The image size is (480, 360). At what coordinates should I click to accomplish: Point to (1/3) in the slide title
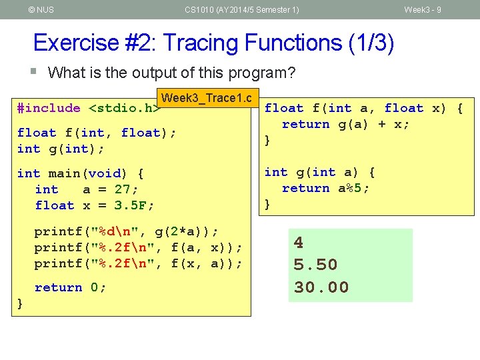tap(370, 43)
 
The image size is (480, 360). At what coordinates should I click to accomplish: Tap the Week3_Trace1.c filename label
tap(207, 98)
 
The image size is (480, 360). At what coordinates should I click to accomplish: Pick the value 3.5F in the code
tap(133, 205)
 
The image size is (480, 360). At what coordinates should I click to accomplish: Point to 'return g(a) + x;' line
tap(346, 124)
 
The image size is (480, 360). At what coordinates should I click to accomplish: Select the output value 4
tap(299, 243)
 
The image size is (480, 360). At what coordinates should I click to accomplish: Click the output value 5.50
tap(316, 265)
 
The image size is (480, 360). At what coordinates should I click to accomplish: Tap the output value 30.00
tap(321, 287)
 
